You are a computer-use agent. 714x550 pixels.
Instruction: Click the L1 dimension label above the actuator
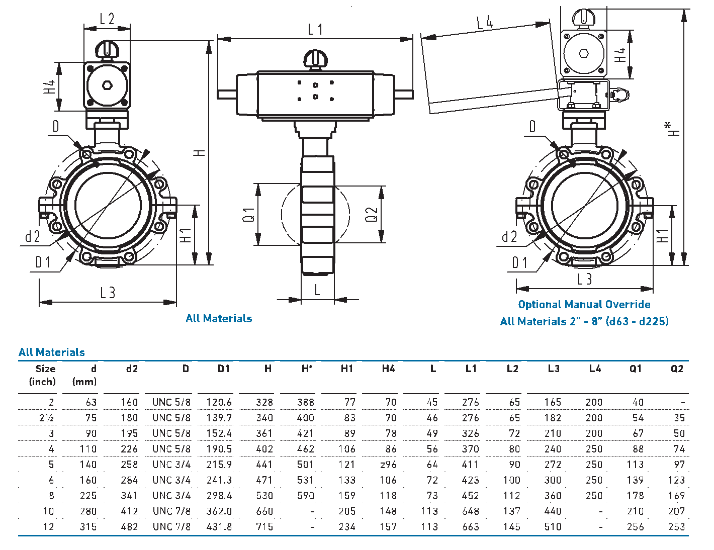point(315,30)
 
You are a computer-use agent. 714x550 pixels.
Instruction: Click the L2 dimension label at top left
point(107,19)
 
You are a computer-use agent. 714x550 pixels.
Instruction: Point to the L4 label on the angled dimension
point(485,22)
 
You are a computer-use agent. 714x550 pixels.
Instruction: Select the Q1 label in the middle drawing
point(249,215)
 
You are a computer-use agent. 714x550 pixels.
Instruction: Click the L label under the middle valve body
point(317,290)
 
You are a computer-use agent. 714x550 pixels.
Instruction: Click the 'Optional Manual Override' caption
point(584,305)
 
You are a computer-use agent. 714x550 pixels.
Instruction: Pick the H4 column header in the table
point(388,369)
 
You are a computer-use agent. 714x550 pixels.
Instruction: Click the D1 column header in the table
point(224,369)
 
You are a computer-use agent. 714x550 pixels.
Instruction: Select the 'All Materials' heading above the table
point(52,352)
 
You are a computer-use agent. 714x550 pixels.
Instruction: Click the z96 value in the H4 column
point(388,465)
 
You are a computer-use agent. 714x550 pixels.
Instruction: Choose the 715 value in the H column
point(264,527)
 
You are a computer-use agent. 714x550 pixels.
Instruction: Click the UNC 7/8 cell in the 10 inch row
point(171,511)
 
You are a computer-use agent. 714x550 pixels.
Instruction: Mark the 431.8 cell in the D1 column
point(219,527)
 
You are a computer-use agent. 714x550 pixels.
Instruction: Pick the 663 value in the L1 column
point(471,527)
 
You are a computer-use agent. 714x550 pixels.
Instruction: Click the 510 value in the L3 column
point(553,527)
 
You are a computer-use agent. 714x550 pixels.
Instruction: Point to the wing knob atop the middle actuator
point(316,58)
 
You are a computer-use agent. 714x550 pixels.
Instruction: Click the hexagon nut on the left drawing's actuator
point(107,85)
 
